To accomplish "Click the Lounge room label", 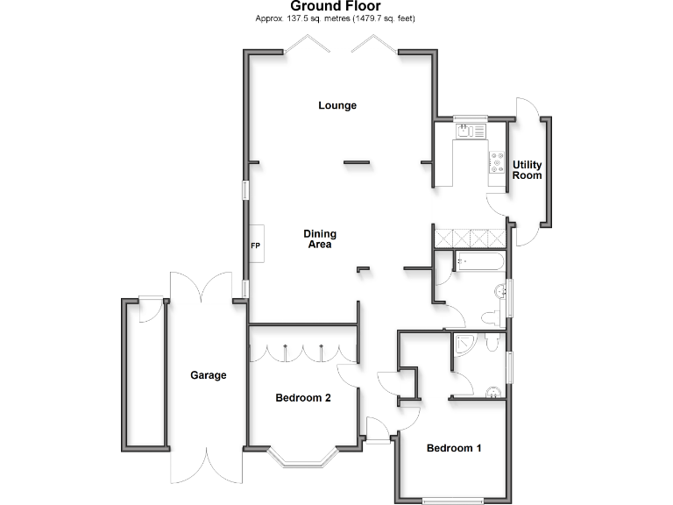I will click(337, 105).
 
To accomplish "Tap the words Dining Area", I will click(320, 239).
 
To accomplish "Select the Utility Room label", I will click(528, 170).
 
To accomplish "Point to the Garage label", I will click(209, 375).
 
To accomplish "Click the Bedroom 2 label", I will click(303, 398).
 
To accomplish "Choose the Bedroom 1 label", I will click(454, 448).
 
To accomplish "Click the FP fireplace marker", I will click(256, 245).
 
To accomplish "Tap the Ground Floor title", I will click(336, 6).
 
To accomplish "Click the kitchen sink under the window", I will click(471, 131).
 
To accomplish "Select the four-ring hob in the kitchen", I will click(497, 163).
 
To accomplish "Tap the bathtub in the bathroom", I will click(478, 260).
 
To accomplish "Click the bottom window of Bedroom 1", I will click(453, 501).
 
